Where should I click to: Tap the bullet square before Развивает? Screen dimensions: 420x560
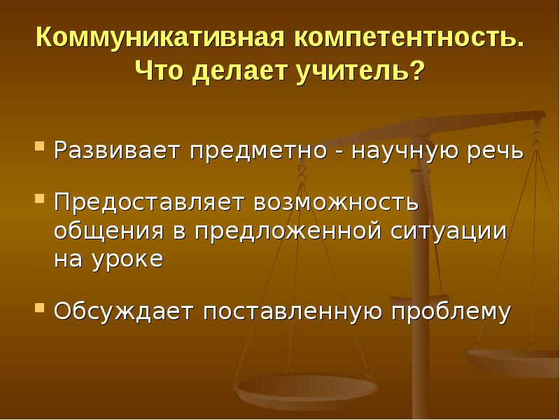[41, 149]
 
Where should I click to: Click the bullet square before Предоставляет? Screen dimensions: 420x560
[41, 201]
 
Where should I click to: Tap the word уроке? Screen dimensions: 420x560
[126, 259]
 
